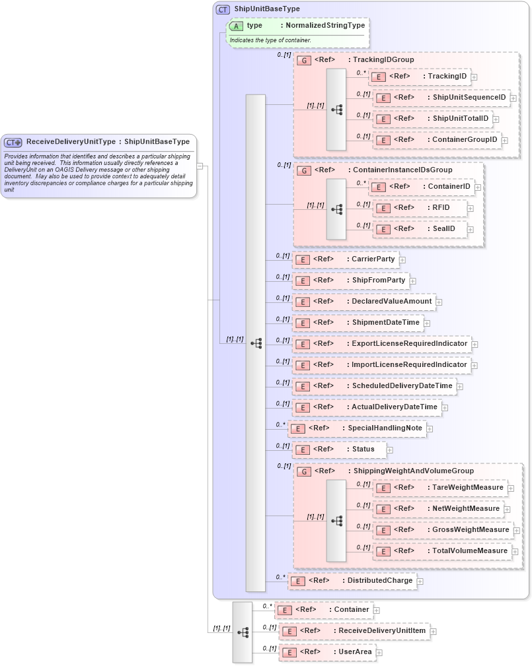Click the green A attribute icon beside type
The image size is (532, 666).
click(236, 26)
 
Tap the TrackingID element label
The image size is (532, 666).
click(447, 77)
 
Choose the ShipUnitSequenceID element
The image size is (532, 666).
click(469, 98)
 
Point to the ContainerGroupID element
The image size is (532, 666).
click(464, 140)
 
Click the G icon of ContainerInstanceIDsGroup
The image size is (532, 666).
click(304, 170)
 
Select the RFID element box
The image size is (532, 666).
click(440, 208)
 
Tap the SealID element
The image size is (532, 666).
click(443, 229)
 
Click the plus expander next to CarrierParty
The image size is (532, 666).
click(402, 260)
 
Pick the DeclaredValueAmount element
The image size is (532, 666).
click(391, 302)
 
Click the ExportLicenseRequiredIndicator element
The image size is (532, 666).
click(409, 344)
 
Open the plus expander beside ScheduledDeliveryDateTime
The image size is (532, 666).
click(460, 387)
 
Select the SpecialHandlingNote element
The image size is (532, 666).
click(385, 428)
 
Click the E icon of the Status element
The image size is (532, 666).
click(303, 450)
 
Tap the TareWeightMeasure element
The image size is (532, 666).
click(467, 488)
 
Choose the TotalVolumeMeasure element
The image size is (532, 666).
click(469, 551)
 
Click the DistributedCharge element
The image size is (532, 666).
click(380, 581)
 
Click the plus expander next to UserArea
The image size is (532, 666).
click(379, 653)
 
